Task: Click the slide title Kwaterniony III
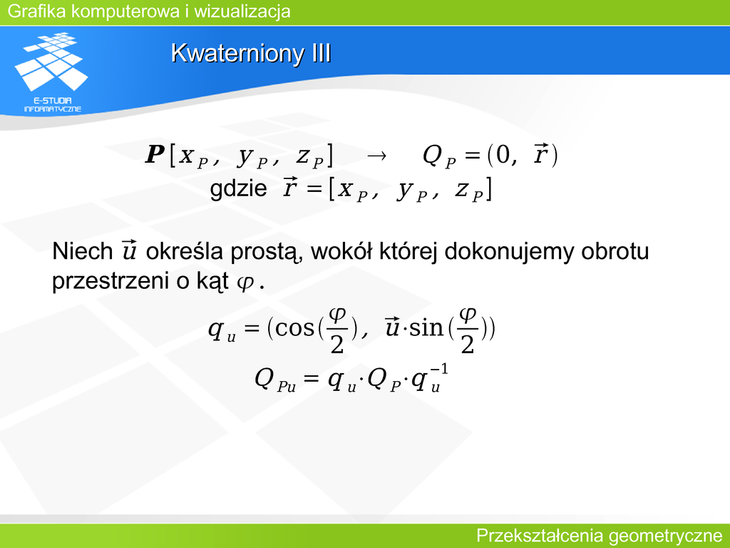(x=251, y=53)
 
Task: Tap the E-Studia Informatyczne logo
(x=51, y=72)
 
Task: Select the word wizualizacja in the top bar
(x=242, y=11)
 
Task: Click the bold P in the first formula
(x=155, y=154)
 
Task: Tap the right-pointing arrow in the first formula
(x=376, y=156)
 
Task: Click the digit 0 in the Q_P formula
(x=503, y=154)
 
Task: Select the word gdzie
(x=238, y=188)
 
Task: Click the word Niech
(x=83, y=251)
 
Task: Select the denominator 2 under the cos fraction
(x=336, y=345)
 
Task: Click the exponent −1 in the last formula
(x=439, y=370)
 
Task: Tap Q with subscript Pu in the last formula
(x=275, y=380)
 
